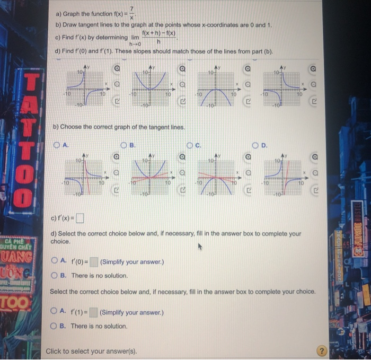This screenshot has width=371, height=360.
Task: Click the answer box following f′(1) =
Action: (x=93, y=312)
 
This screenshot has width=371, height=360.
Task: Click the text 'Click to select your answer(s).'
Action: (x=91, y=351)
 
